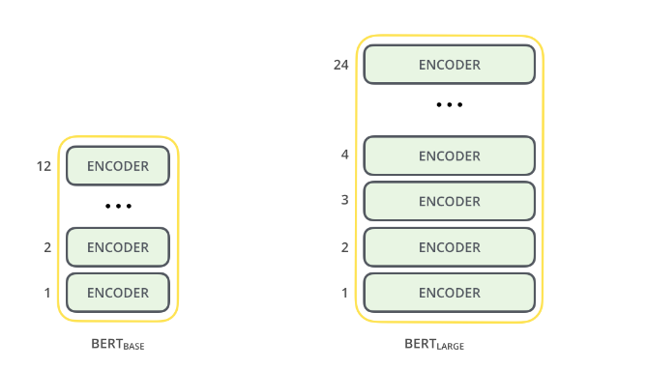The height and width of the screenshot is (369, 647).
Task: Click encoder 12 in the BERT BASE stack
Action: (x=118, y=166)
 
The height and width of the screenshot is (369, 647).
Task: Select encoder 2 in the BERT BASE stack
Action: (x=118, y=247)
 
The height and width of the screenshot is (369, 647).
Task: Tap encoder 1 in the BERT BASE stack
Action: (x=118, y=292)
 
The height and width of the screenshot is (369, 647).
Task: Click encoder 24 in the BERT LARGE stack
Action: (x=449, y=65)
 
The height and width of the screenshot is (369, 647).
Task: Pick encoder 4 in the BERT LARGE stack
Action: (x=449, y=156)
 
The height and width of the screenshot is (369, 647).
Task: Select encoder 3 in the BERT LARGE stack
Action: (x=449, y=201)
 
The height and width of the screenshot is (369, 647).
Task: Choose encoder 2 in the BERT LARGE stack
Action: (x=449, y=246)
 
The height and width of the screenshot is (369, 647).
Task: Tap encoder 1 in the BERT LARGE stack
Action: (x=449, y=292)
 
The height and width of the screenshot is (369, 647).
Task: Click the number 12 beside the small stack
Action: (x=44, y=166)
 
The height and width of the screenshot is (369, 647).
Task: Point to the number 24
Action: (x=339, y=66)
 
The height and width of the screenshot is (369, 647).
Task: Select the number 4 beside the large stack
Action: (x=345, y=155)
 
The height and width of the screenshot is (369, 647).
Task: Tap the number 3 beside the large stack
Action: (x=345, y=200)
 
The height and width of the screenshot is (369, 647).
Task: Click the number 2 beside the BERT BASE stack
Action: (x=47, y=247)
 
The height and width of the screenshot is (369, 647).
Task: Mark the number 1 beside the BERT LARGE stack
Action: (x=345, y=292)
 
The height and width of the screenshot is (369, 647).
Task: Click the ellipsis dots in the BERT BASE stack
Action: (x=118, y=207)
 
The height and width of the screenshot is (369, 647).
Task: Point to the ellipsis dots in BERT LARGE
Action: (x=449, y=104)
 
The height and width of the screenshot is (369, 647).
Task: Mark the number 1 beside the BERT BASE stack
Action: (x=47, y=292)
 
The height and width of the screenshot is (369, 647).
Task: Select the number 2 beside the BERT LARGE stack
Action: (x=345, y=246)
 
